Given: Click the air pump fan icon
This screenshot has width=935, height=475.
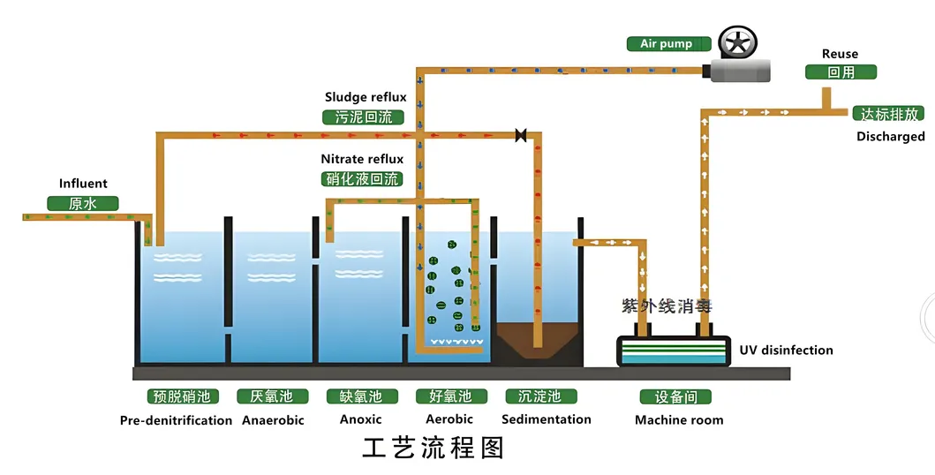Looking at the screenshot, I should [737, 43].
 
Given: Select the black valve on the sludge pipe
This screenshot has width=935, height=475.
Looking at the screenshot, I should [521, 135].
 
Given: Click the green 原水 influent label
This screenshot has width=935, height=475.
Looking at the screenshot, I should [82, 203].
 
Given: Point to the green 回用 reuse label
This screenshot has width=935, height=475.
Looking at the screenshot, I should [841, 72].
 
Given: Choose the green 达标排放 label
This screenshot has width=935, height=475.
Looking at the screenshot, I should [888, 114].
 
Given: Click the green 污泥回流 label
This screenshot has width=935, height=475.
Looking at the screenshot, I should [363, 117].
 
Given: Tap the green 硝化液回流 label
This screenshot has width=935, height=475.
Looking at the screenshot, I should [363, 179].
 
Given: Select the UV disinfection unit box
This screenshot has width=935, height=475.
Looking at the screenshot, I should [673, 351].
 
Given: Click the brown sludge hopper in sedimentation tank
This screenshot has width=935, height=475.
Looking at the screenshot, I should [536, 340].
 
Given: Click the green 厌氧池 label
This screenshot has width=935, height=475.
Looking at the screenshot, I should [272, 396].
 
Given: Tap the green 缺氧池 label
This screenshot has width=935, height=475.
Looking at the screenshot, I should [360, 396].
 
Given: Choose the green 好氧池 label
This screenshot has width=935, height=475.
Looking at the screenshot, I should [450, 396].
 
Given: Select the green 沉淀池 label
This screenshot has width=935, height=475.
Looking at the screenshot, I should [540, 396].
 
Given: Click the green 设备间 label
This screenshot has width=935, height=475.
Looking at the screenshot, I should [674, 397].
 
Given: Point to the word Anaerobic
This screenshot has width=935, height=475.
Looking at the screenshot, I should [273, 420].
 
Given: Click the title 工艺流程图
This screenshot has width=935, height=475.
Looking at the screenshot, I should [433, 448].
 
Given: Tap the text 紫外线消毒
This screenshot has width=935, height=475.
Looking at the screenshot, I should [667, 306].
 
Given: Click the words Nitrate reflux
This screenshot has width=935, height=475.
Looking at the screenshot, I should [362, 159].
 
